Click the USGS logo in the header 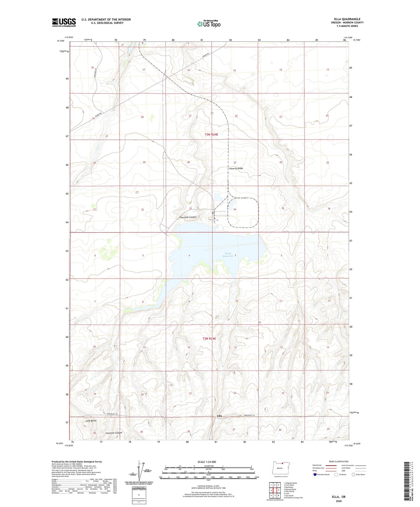64,22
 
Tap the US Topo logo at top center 209,24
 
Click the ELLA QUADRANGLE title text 347,19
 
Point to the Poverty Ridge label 236,168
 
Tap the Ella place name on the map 220,416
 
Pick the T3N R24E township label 211,135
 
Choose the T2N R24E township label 209,338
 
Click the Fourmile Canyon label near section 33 188,217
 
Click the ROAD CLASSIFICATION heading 339,461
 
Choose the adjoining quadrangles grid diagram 275,490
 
